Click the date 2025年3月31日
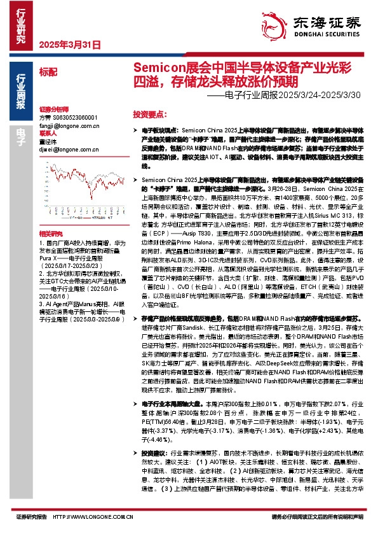(70, 45)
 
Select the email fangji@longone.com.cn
(66, 127)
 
